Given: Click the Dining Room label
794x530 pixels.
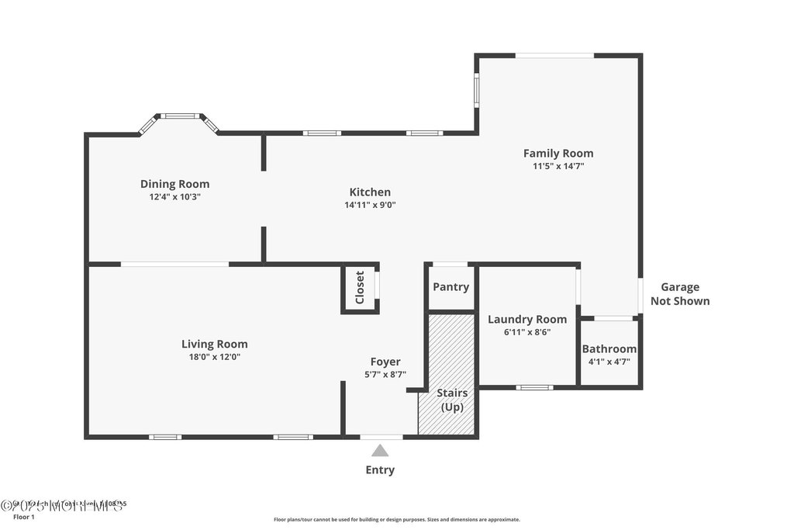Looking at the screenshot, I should (x=174, y=184).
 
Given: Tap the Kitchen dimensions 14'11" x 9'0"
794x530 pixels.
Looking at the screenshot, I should (x=370, y=205).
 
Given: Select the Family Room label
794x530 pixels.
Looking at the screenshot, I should (x=558, y=153).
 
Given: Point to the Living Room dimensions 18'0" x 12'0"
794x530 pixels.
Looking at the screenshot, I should (x=215, y=357).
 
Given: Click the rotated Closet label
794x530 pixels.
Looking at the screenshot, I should (x=360, y=288).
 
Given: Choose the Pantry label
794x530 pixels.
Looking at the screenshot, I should (x=451, y=287).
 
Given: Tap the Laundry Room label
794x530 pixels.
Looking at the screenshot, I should (x=526, y=319).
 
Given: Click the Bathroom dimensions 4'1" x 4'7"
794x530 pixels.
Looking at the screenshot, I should (x=609, y=361).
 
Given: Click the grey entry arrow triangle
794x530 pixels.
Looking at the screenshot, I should (x=380, y=450).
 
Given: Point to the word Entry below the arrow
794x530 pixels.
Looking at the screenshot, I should (x=380, y=469).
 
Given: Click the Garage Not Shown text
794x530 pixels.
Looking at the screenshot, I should (x=679, y=294).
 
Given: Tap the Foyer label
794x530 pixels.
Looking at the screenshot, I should (x=385, y=362).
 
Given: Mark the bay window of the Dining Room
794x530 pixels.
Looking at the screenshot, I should (x=179, y=117).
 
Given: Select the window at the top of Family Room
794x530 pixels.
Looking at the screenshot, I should (x=554, y=55).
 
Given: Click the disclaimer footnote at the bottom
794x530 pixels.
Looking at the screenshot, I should (x=396, y=519).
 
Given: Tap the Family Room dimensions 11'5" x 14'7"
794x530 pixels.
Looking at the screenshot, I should (x=558, y=165).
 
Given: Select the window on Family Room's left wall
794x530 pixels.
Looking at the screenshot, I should (x=476, y=92).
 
